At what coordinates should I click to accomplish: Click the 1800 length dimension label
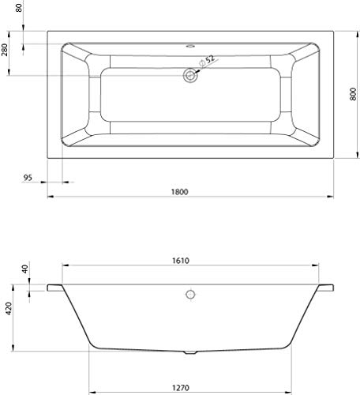tap(180, 192)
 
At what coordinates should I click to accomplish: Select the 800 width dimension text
tap(354, 94)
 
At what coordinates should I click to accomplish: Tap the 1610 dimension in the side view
tap(181, 261)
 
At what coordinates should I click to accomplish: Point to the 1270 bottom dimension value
tap(181, 388)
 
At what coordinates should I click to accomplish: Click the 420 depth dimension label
tap(9, 309)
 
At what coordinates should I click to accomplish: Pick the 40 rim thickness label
tap(24, 269)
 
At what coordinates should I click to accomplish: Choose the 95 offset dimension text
tap(28, 178)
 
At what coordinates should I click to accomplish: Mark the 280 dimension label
tap(5, 50)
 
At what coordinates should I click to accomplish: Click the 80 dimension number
tap(19, 7)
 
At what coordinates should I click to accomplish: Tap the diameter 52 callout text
tap(208, 61)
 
